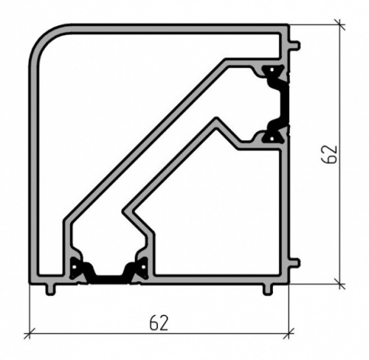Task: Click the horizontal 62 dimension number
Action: [159, 322]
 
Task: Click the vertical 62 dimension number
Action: [329, 154]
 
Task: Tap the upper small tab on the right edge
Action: [294, 46]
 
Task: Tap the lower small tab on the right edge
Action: [294, 263]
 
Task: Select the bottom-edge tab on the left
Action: [51, 290]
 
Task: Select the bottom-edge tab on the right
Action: [268, 290]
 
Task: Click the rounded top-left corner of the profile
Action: [42, 37]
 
